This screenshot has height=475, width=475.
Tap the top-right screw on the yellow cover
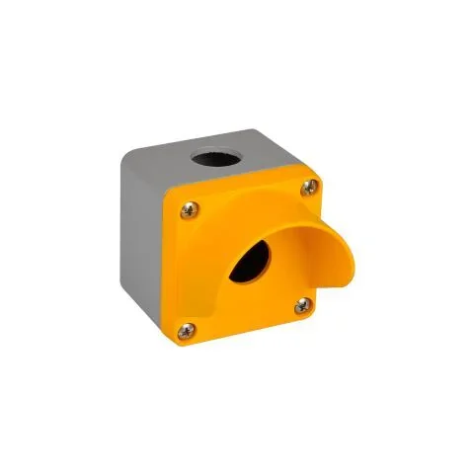pos(313,185)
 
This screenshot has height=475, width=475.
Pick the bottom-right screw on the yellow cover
pos(301,307)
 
